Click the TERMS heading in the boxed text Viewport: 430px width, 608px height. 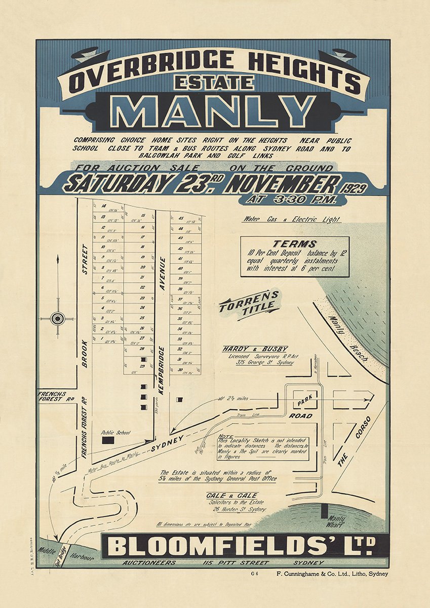click(294, 244)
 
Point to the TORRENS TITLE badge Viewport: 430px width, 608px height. click(249, 303)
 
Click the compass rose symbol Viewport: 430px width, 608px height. click(58, 319)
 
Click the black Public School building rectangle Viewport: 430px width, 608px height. click(108, 441)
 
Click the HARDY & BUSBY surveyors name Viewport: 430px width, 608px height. click(255, 349)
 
